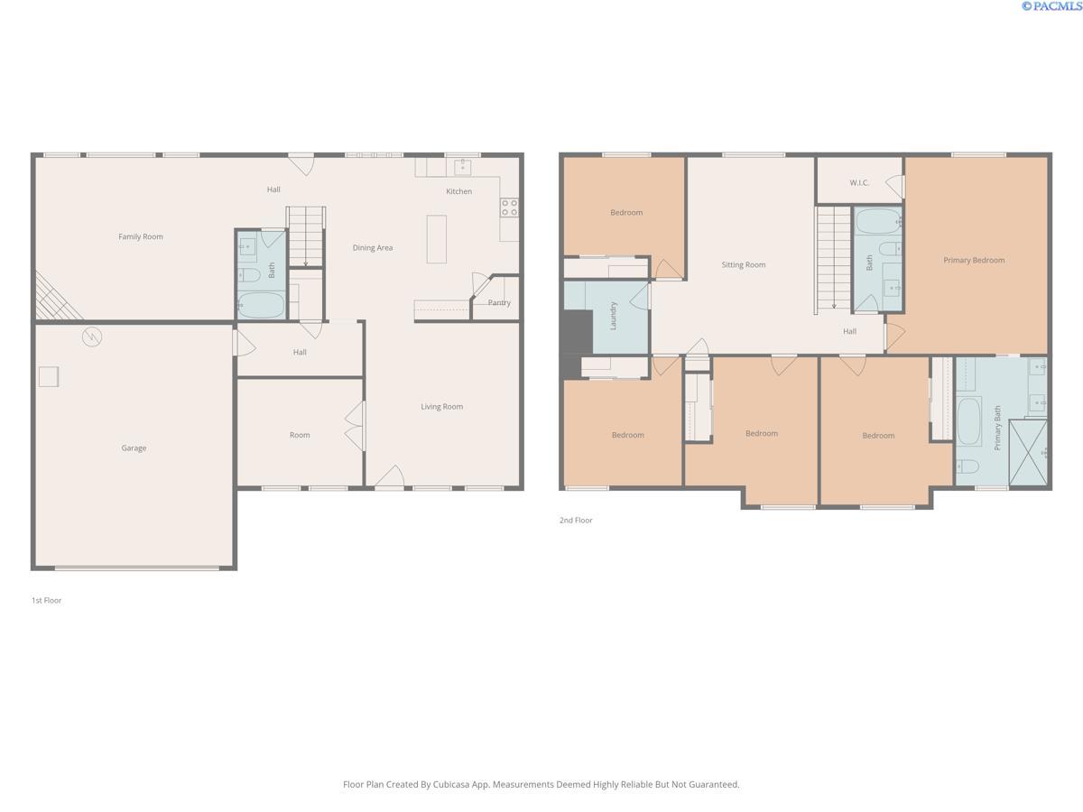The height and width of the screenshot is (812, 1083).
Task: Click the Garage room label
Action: pos(134,448)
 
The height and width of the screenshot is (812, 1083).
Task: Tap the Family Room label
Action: pos(141,237)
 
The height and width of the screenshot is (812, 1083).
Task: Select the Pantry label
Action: pos(499,303)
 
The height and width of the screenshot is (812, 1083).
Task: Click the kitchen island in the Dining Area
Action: pos(437,238)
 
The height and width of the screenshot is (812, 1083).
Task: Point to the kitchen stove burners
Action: pos(509,208)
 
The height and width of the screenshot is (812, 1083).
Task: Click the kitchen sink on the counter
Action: pos(463,166)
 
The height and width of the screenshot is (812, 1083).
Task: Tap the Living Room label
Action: pos(441,407)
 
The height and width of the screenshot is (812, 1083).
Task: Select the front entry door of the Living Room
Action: pos(389,478)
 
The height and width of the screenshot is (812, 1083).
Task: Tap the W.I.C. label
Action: pos(858,183)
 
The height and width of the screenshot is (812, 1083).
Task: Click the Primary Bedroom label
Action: pos(974,261)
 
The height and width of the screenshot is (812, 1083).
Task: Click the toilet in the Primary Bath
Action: pos(967,466)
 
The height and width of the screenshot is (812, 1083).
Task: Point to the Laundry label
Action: pos(614,316)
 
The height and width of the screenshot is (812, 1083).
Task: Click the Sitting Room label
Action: pos(743,265)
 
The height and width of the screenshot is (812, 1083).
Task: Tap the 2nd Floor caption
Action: pos(576,521)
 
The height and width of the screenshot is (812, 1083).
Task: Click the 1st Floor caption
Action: pos(47,600)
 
